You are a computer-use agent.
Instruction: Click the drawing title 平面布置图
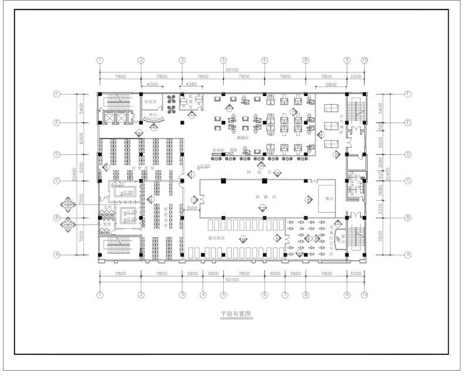pyautogui.click(x=236, y=314)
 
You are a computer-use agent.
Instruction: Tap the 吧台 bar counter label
pyautogui.click(x=153, y=114)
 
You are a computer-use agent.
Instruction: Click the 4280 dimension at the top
pyautogui.click(x=191, y=84)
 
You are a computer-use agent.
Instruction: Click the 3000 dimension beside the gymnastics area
pyautogui.click(x=191, y=208)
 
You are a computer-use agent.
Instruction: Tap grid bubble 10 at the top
pyautogui.click(x=364, y=60)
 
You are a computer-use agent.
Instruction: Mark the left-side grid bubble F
pyautogui.click(x=57, y=94)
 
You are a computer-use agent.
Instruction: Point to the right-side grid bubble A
pyautogui.click(x=407, y=255)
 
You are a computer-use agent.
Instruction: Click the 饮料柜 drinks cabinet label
pyautogui.click(x=218, y=151)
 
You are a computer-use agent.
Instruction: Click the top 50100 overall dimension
pyautogui.click(x=232, y=70)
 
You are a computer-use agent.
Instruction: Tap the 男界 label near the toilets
pyautogui.click(x=106, y=224)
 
